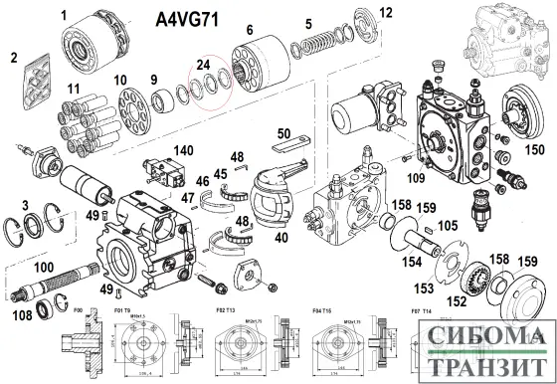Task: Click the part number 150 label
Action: pyautogui.click(x=535, y=149)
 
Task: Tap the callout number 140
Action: pyautogui.click(x=183, y=150)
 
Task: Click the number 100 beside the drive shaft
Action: pyautogui.click(x=44, y=269)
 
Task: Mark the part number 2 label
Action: pyautogui.click(x=14, y=58)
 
